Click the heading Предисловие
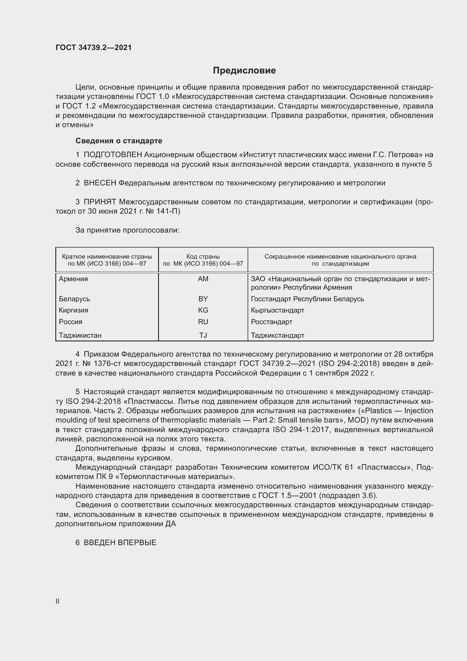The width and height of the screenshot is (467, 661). [244, 71]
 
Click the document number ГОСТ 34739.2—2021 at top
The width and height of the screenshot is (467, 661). [93, 47]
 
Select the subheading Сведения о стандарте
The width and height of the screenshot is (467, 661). [119, 141]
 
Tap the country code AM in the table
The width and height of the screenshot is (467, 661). [203, 279]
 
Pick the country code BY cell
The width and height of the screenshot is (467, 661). [203, 299]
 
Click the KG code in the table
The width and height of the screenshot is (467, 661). [203, 310]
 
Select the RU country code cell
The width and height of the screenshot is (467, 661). [203, 322]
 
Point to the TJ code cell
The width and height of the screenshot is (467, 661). [203, 335]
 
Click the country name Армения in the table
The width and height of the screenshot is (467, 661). [73, 279]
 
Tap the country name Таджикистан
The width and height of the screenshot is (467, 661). [80, 335]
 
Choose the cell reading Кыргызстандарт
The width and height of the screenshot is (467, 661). [278, 310]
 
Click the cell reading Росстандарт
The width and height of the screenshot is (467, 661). [271, 322]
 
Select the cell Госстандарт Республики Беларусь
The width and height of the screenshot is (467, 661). [307, 299]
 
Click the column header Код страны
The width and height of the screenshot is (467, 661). [203, 257]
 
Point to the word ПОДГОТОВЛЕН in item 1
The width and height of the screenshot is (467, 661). [113, 155]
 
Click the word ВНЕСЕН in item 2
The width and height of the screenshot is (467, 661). [100, 183]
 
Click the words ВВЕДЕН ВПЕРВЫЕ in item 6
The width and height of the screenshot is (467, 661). [120, 542]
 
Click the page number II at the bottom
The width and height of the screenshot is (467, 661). [58, 601]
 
